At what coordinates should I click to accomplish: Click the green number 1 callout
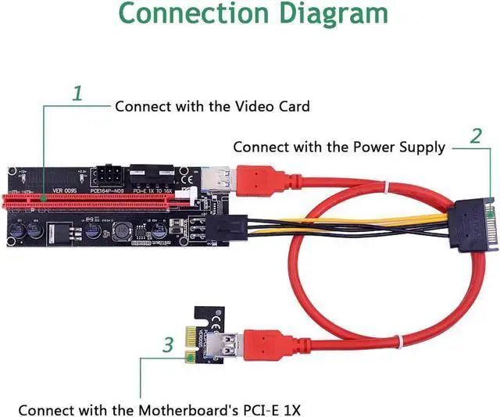(77, 94)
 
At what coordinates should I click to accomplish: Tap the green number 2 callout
(476, 137)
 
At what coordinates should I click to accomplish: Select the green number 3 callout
(167, 344)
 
